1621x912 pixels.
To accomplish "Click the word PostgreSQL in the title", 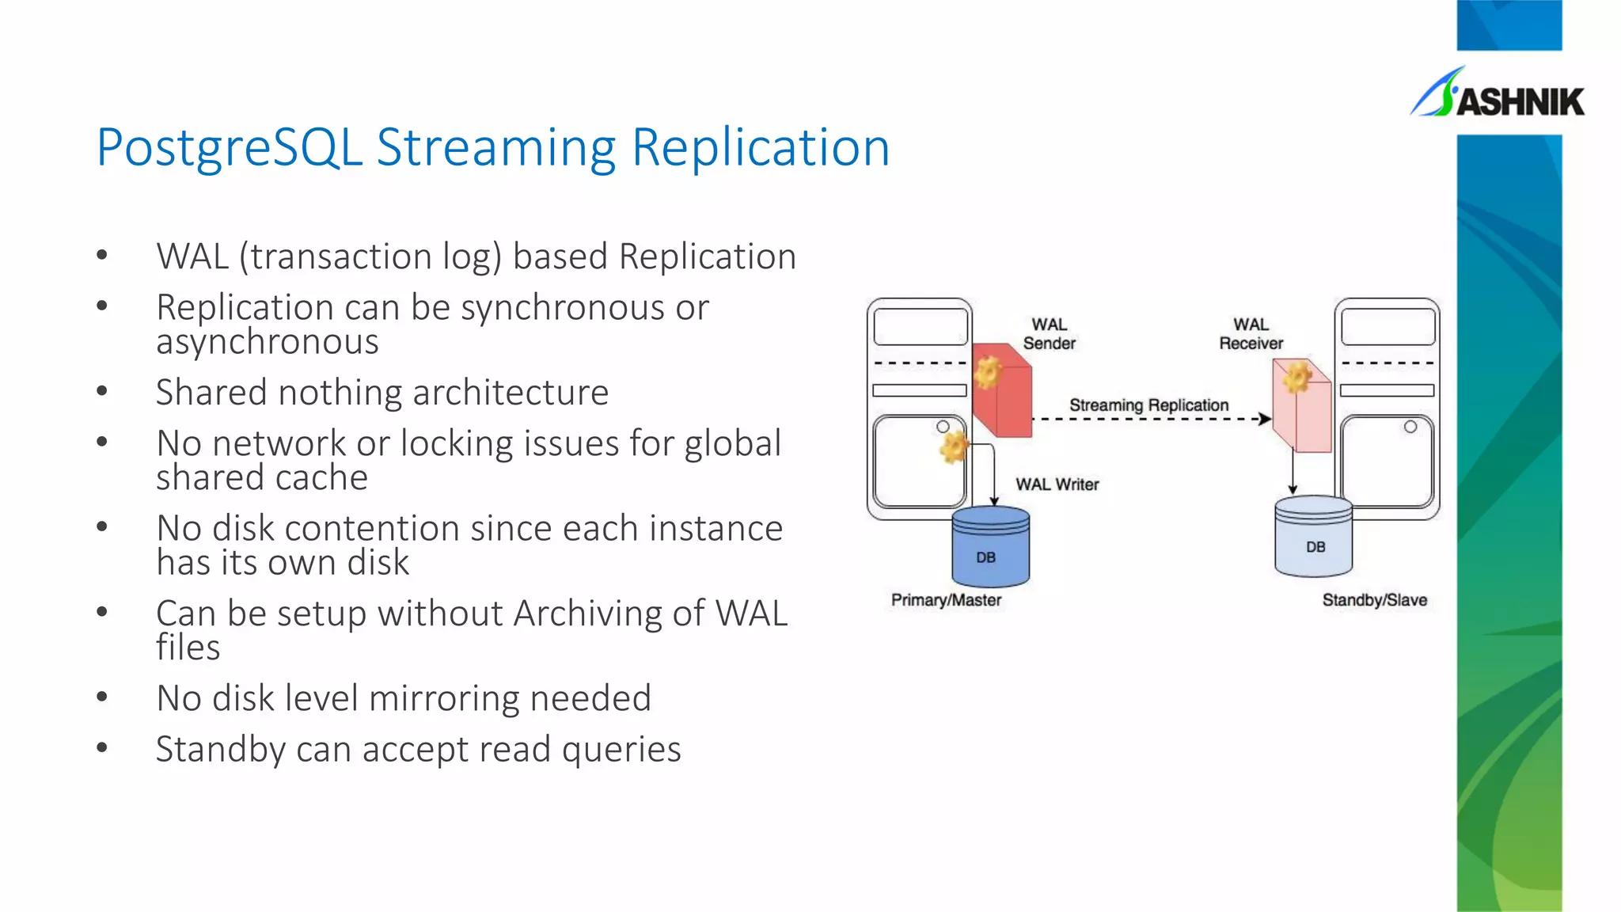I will (230, 148).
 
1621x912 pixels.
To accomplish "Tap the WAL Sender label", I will (1049, 334).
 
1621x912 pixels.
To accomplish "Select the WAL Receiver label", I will (1251, 334).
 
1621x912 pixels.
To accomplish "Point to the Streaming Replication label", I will (1148, 405).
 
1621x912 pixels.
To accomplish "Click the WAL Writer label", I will (1057, 484).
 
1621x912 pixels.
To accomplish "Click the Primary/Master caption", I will (946, 600).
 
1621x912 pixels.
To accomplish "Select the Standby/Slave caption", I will (1374, 600).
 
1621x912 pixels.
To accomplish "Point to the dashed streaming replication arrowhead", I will (1266, 419).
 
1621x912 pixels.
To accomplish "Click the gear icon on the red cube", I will (988, 371).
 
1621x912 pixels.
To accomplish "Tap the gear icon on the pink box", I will (1297, 377).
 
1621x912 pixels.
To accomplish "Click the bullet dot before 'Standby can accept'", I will (102, 747).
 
